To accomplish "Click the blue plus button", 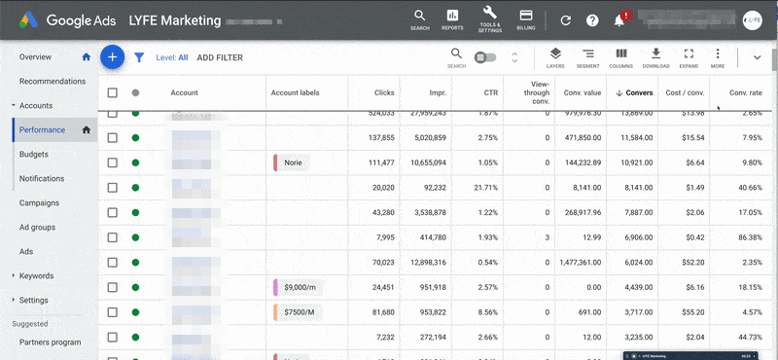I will pos(113,57).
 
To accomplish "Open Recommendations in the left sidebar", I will pos(53,82).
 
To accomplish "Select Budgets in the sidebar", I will pos(34,155).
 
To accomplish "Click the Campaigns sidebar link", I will pos(39,203).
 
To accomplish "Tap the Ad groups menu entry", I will pos(38,228).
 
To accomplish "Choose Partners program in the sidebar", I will pos(51,342).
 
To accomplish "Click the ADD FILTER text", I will pos(220,58).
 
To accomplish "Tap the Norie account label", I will pos(292,163).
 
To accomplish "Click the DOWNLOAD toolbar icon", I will pos(656,56).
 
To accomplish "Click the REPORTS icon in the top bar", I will pos(452,18).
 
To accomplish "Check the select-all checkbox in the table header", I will pos(113,93).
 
